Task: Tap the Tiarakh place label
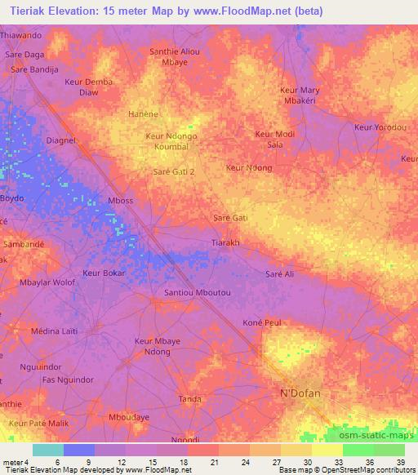point(225,243)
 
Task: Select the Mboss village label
point(119,199)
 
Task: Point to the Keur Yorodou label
point(380,127)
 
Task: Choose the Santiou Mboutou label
point(198,292)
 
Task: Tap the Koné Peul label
point(262,323)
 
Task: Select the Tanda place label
point(189,399)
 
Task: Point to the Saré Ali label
point(279,274)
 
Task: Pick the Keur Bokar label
point(104,273)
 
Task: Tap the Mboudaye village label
point(129,417)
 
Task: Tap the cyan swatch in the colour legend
point(47,450)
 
